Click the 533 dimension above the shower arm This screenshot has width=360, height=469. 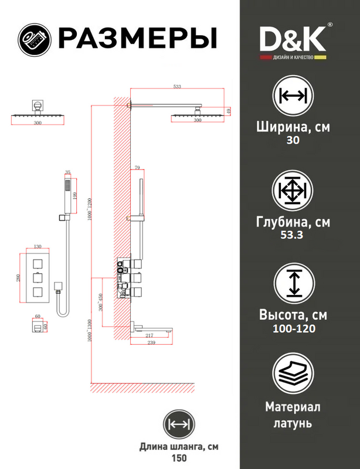(177, 87)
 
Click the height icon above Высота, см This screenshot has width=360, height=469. (293, 286)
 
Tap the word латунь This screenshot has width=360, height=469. (293, 422)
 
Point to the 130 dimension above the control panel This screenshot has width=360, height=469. (38, 247)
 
